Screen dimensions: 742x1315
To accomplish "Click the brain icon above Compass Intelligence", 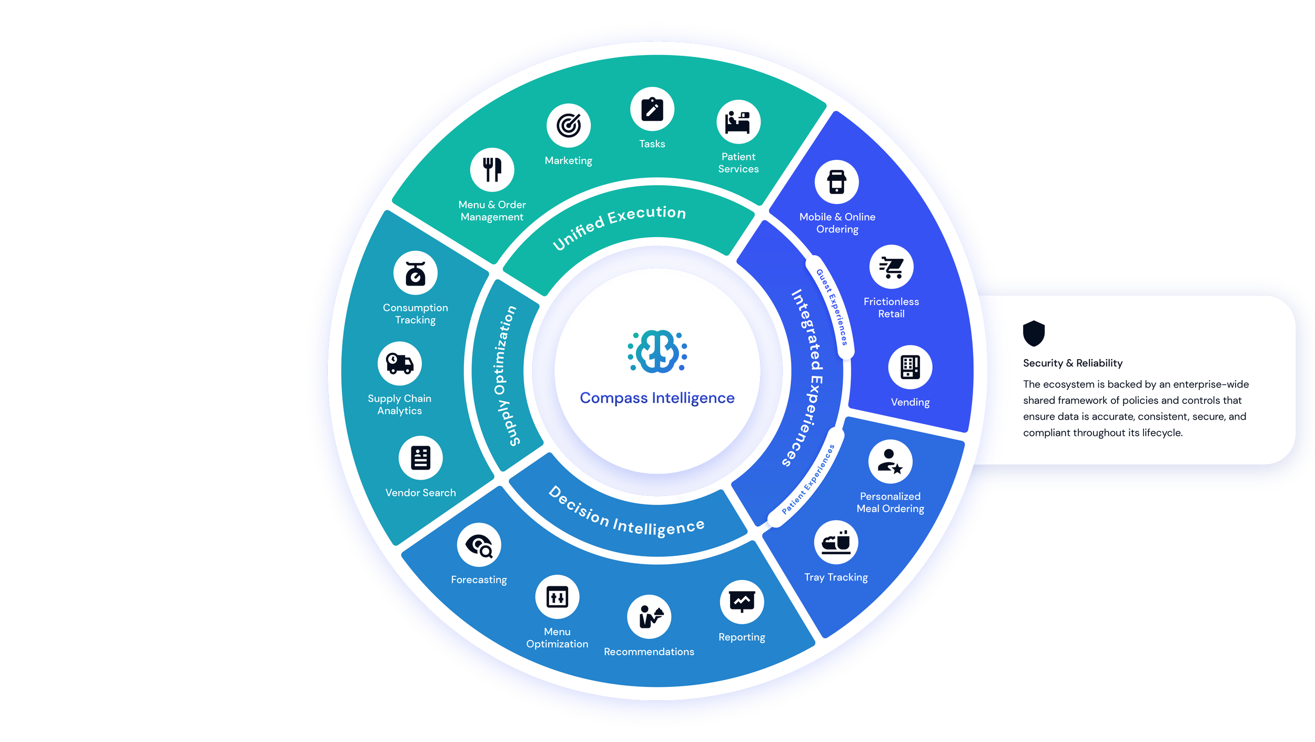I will point(657,351).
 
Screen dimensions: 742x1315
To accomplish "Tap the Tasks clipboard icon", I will point(652,109).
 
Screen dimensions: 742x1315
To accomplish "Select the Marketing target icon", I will point(569,126).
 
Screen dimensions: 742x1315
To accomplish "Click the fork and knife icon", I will point(492,169).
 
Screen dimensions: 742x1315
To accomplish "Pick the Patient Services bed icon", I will point(738,122).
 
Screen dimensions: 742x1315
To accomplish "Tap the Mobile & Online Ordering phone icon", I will point(837,182).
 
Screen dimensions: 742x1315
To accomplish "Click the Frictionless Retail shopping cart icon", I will point(891,267).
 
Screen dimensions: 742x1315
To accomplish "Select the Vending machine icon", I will point(910,367).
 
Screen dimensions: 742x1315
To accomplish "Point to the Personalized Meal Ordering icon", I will point(890,462).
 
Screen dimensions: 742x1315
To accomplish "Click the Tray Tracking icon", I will point(836,542).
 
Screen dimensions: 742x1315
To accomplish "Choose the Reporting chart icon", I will point(742,602).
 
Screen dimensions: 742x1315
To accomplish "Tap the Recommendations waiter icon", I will point(649,616).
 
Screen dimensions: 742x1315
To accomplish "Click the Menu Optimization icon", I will point(557,597).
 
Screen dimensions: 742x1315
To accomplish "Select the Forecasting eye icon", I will point(479,545).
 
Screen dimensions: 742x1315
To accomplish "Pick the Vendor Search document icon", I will point(420,458).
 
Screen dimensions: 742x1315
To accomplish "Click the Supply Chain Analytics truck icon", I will point(400,363).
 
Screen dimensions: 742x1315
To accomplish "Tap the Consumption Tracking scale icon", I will point(416,273).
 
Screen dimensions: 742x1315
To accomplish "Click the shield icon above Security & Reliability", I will point(1034,333).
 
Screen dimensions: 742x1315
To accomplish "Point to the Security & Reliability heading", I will point(1073,363).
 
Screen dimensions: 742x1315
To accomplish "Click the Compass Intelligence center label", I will point(657,398).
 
